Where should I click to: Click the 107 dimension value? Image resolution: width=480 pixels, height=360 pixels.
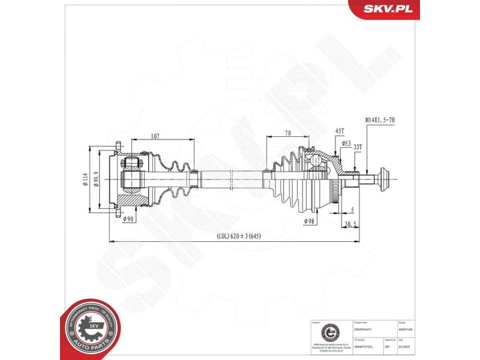pos(154,137)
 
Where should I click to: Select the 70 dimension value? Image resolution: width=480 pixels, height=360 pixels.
pos(288,133)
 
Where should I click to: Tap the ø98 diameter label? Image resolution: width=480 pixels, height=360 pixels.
pos(309,221)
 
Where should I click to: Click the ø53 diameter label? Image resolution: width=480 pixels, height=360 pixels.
pos(346,144)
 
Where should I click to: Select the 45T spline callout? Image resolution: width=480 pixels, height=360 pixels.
pos(339,131)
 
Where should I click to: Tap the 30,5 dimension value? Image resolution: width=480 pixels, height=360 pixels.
pos(351,224)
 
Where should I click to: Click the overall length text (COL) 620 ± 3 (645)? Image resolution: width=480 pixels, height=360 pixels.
pos(239,236)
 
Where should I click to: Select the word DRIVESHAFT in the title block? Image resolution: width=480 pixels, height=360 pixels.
pos(362,329)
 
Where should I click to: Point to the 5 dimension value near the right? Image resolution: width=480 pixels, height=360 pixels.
pos(352,209)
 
